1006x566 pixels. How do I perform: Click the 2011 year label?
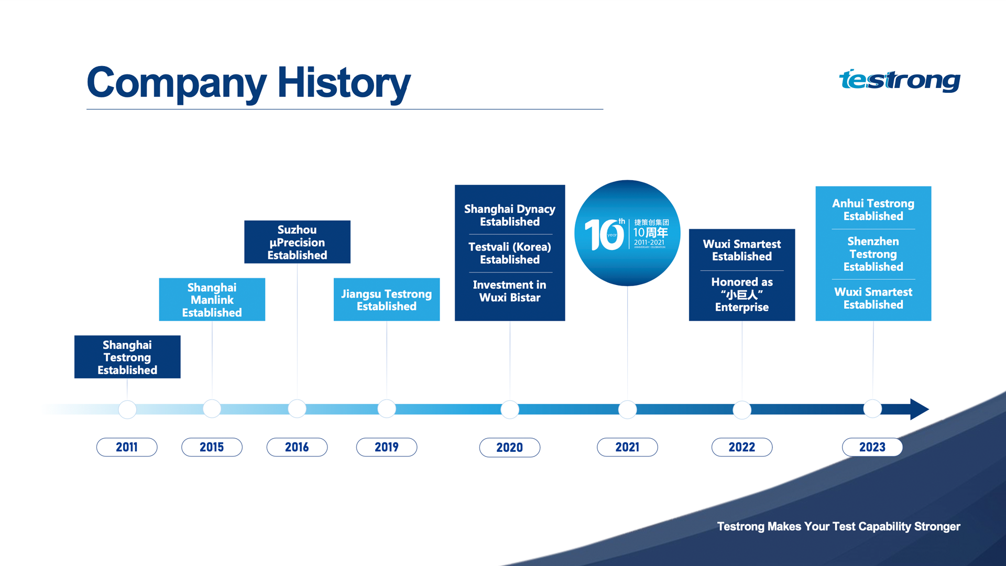[x=127, y=447]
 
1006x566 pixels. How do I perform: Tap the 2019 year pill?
[x=387, y=447]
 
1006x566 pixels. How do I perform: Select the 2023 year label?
[x=872, y=447]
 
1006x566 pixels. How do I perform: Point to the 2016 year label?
[x=297, y=447]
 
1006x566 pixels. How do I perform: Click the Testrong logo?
[x=900, y=80]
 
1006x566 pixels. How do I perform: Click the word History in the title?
[x=344, y=83]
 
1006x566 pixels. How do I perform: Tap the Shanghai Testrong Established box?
[x=127, y=357]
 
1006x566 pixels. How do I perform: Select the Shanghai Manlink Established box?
[x=212, y=299]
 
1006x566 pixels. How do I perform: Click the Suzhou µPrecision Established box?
[x=297, y=242]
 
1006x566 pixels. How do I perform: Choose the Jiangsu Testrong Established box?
[x=387, y=299]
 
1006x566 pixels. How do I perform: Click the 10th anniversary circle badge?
[x=627, y=233]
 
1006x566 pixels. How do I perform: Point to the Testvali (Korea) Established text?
[x=510, y=253]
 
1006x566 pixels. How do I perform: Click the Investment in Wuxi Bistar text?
[x=510, y=291]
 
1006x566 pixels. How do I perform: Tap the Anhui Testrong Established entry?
[x=873, y=210]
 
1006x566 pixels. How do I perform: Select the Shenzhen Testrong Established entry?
[x=873, y=254]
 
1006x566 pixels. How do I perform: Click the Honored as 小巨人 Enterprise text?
[x=742, y=295]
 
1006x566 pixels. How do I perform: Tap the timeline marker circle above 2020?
[x=510, y=409]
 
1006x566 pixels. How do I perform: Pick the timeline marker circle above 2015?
[x=212, y=408]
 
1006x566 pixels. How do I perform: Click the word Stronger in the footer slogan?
[x=937, y=527]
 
